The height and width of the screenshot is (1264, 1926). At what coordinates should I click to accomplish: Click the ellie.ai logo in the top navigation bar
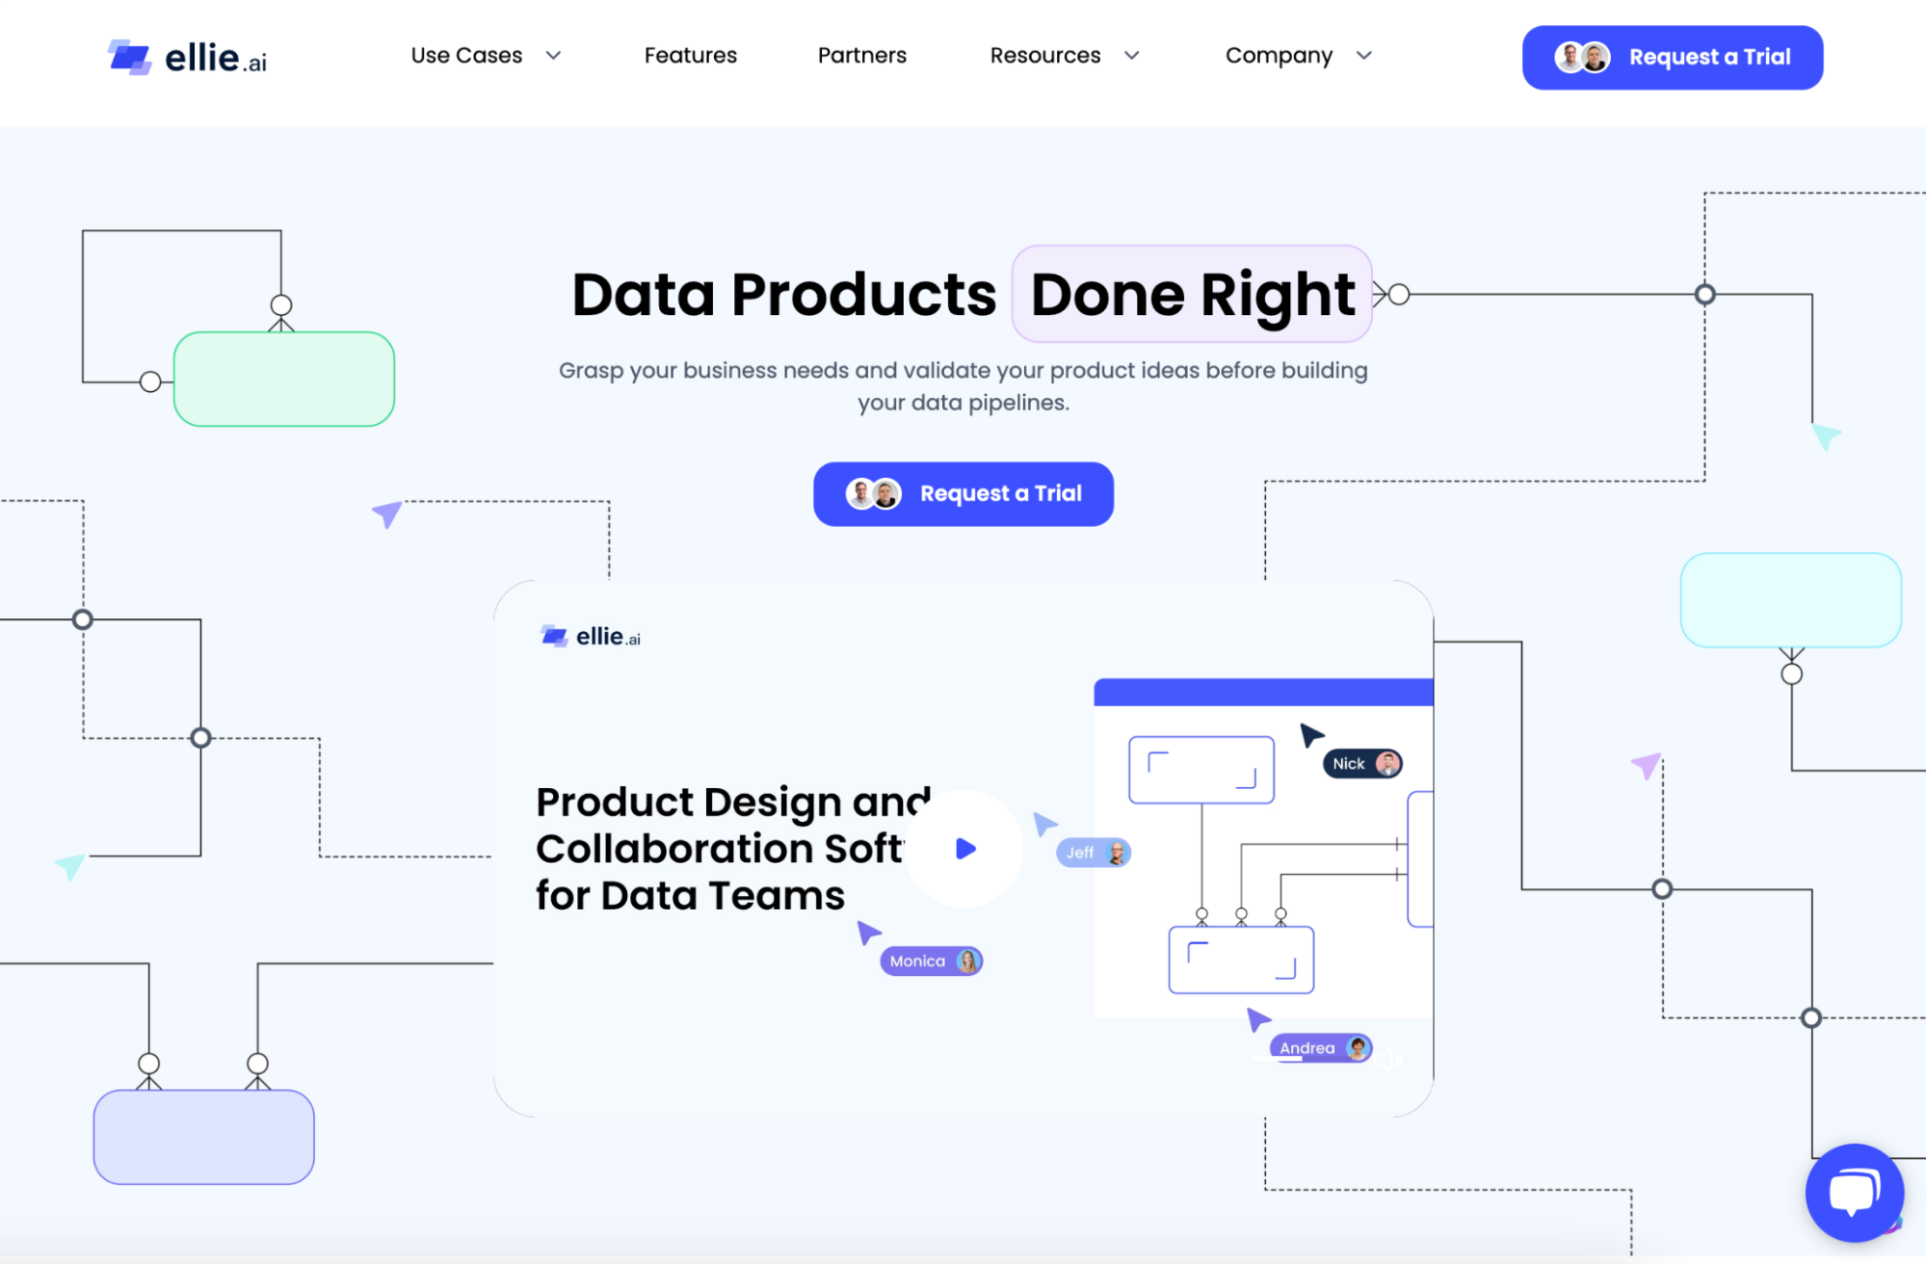click(187, 57)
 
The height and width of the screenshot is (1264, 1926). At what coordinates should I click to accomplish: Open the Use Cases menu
click(486, 56)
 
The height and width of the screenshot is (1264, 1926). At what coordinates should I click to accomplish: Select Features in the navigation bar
click(690, 56)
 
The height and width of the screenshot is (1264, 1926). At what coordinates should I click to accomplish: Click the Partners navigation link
click(861, 56)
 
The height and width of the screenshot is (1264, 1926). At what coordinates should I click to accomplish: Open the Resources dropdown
click(1064, 56)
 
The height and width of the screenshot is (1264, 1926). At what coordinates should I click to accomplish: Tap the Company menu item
click(1298, 56)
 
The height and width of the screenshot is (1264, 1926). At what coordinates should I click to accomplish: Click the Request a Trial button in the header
click(1672, 58)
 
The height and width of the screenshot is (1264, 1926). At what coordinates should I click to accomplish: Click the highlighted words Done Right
click(1192, 294)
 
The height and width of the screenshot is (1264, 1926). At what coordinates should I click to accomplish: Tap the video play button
click(964, 849)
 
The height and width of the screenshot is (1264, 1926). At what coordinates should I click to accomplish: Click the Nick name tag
click(1362, 764)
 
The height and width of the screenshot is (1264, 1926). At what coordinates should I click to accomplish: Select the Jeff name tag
click(1094, 853)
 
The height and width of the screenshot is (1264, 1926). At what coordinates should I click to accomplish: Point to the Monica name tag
click(931, 961)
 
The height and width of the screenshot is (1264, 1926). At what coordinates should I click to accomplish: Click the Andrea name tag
click(1321, 1048)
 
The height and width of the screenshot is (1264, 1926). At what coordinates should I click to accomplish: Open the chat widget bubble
click(1854, 1193)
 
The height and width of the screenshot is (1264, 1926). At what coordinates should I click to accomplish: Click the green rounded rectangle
click(284, 380)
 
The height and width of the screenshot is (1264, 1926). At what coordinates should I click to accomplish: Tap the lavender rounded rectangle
click(204, 1137)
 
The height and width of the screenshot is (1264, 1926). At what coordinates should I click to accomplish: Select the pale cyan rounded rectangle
click(1791, 600)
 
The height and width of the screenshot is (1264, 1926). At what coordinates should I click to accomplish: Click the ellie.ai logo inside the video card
click(591, 637)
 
